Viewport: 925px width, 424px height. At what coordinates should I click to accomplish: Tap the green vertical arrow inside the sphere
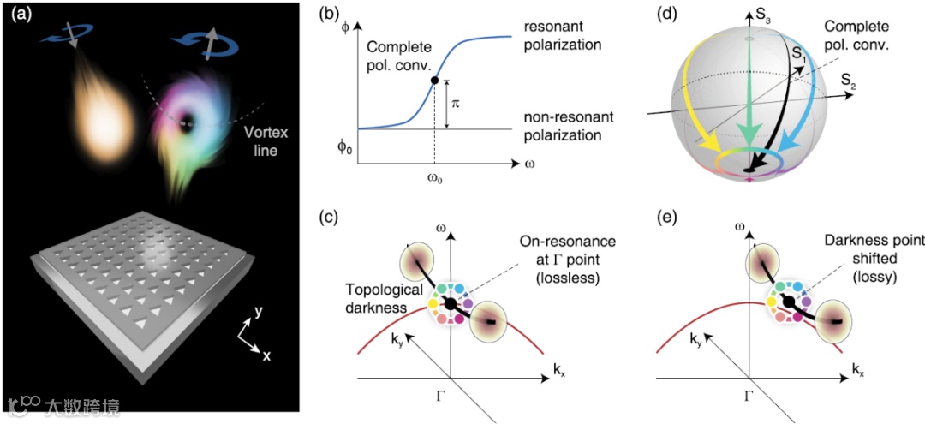click(748, 103)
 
